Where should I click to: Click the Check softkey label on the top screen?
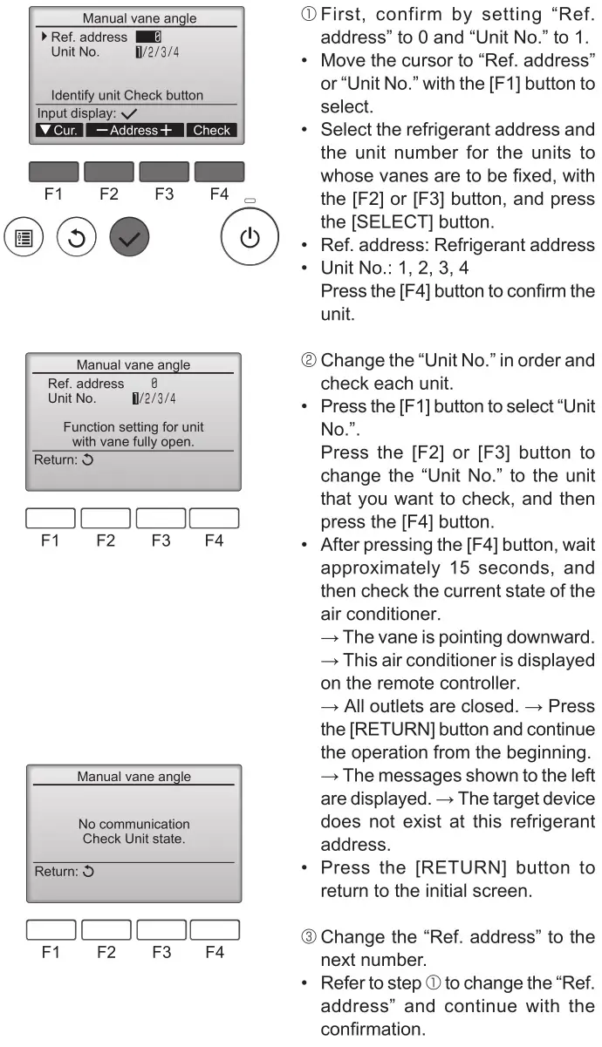(211, 130)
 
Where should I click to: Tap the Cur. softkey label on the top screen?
(58, 130)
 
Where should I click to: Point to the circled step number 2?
(329, 364)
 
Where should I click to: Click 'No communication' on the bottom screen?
(133, 823)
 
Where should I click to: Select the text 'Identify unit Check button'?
(127, 95)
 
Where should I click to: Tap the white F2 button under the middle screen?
(106, 518)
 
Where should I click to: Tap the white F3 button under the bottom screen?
(161, 930)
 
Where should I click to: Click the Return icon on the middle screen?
(87, 459)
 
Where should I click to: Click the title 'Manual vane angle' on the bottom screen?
(133, 776)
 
